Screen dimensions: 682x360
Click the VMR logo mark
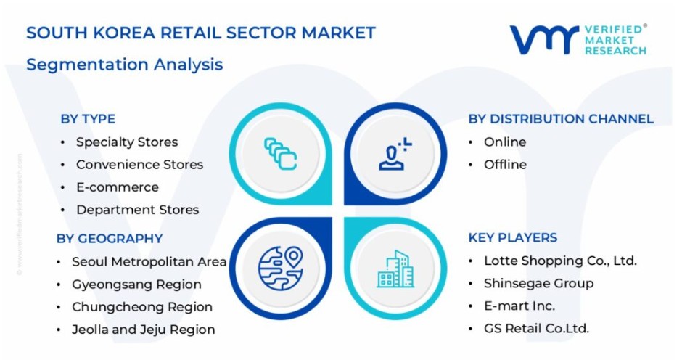tap(544, 40)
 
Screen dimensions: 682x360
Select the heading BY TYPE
tap(88, 119)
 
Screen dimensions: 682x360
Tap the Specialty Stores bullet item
tap(127, 142)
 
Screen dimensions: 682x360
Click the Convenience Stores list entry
tap(139, 165)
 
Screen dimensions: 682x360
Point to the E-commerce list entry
tap(118, 187)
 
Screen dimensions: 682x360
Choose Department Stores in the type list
tap(137, 210)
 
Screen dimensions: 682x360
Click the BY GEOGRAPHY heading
tap(110, 239)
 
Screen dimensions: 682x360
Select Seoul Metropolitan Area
tap(149, 261)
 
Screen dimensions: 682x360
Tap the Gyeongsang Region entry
tap(136, 285)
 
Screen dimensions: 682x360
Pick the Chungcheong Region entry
tap(142, 307)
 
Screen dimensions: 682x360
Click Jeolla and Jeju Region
tap(143, 330)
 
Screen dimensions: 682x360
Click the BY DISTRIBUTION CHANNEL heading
tap(561, 119)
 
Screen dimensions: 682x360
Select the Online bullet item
tap(505, 142)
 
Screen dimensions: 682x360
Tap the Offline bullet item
tap(505, 165)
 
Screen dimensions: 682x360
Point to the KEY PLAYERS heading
tap(513, 237)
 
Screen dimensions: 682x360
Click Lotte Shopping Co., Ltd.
tap(560, 261)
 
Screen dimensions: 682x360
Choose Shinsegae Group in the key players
tap(539, 283)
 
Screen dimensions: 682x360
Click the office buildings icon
tap(395, 269)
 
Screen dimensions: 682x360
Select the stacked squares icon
tap(281, 154)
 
